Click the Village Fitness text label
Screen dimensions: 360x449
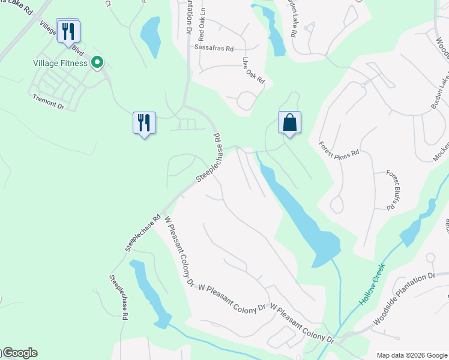(x=60, y=63)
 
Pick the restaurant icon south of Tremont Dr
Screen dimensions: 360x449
(x=144, y=122)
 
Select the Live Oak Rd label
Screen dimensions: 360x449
(x=254, y=70)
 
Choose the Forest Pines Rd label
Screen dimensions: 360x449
(x=339, y=149)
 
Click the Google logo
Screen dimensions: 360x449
(x=19, y=353)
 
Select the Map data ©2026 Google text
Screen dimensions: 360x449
(x=411, y=355)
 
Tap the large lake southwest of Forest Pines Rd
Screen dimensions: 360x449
(x=300, y=216)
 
